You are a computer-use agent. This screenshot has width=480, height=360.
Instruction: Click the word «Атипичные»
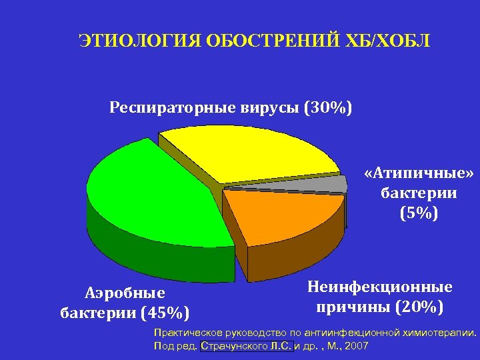(x=419, y=174)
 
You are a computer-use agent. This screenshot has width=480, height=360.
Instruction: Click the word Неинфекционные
(x=380, y=287)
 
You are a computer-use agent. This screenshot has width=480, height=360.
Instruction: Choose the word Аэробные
(x=125, y=293)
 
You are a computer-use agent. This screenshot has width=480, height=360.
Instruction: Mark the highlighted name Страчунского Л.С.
(x=246, y=346)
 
